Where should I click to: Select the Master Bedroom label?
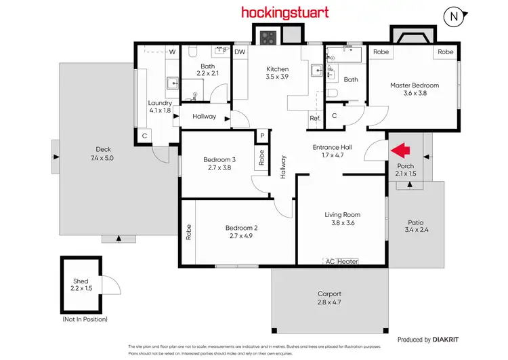(414, 85)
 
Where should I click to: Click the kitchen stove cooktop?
(266, 37)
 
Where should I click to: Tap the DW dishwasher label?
(240, 52)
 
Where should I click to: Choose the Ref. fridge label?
(314, 119)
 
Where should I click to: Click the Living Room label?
(343, 215)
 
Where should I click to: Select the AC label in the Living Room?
(330, 261)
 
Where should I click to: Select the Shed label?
(81, 281)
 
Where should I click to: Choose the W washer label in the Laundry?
(172, 52)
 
